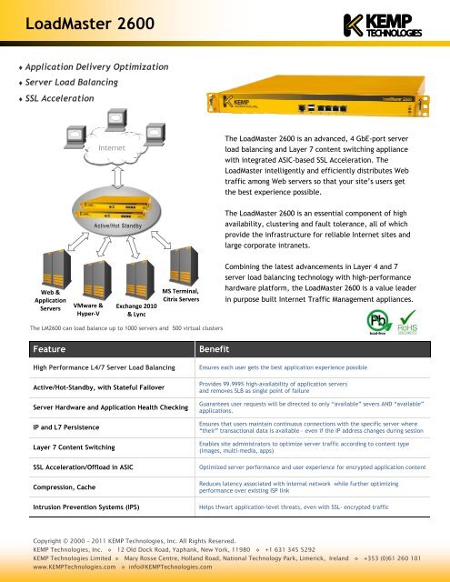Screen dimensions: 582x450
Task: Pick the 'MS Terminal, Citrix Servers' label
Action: click(179, 294)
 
